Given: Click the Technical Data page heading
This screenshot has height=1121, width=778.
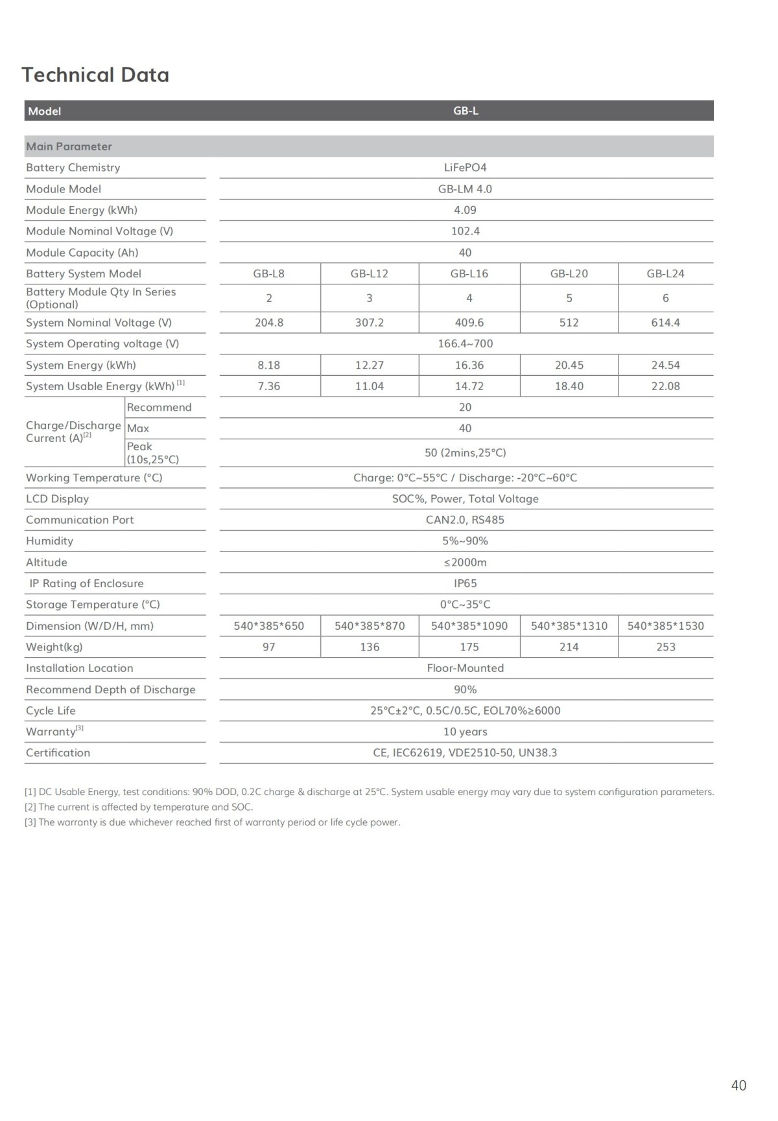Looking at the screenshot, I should tap(95, 75).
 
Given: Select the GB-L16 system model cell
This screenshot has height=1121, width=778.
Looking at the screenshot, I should tap(469, 273).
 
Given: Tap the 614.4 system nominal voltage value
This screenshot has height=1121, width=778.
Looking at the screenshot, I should tap(665, 323).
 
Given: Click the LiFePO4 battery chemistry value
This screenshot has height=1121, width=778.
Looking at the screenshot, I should tap(465, 167).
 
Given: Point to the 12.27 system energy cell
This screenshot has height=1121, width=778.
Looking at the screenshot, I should tap(369, 365).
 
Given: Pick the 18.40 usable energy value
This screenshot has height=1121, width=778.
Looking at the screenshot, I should tap(569, 386).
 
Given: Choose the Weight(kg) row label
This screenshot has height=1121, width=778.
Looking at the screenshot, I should tap(54, 647).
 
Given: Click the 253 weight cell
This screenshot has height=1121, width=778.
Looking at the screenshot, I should tap(665, 647).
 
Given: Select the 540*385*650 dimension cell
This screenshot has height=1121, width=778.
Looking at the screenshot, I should tap(268, 626).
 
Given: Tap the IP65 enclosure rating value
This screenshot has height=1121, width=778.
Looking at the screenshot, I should tap(465, 583).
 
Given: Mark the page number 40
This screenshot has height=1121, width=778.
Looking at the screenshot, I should tap(738, 1085).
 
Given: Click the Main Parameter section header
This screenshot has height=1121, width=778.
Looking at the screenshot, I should tap(69, 146).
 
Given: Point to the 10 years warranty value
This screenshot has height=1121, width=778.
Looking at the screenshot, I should tap(465, 732).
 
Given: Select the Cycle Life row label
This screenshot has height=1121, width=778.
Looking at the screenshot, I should tap(51, 711).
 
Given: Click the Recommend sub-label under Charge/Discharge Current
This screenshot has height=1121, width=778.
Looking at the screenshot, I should tap(159, 408).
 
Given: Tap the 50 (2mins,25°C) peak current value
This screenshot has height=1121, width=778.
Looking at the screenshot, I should tap(465, 453).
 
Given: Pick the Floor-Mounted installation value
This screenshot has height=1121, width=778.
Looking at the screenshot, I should tap(465, 668).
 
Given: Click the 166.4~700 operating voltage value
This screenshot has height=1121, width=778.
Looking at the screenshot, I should tap(465, 344).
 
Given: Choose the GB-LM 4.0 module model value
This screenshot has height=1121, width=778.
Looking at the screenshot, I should tap(465, 189).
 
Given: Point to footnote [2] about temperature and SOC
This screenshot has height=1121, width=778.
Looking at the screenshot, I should tap(139, 807).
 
